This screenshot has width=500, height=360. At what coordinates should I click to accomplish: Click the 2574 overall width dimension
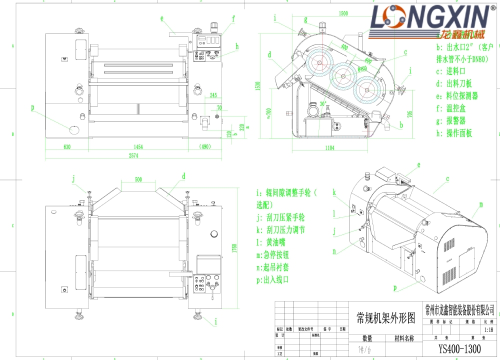click(133, 155)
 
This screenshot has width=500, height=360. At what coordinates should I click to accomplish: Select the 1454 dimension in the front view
click(138, 146)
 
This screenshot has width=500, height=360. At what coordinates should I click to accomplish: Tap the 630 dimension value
click(67, 146)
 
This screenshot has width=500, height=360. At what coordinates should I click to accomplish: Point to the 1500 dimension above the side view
click(343, 13)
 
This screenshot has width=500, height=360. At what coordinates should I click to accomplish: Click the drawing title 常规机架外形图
click(385, 317)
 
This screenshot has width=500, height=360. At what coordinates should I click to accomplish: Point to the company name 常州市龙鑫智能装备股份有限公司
click(459, 308)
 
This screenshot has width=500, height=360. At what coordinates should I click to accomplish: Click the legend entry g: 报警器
click(454, 120)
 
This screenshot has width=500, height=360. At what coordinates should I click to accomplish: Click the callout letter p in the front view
click(32, 107)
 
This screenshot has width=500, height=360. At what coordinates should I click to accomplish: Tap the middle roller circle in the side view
click(343, 75)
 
